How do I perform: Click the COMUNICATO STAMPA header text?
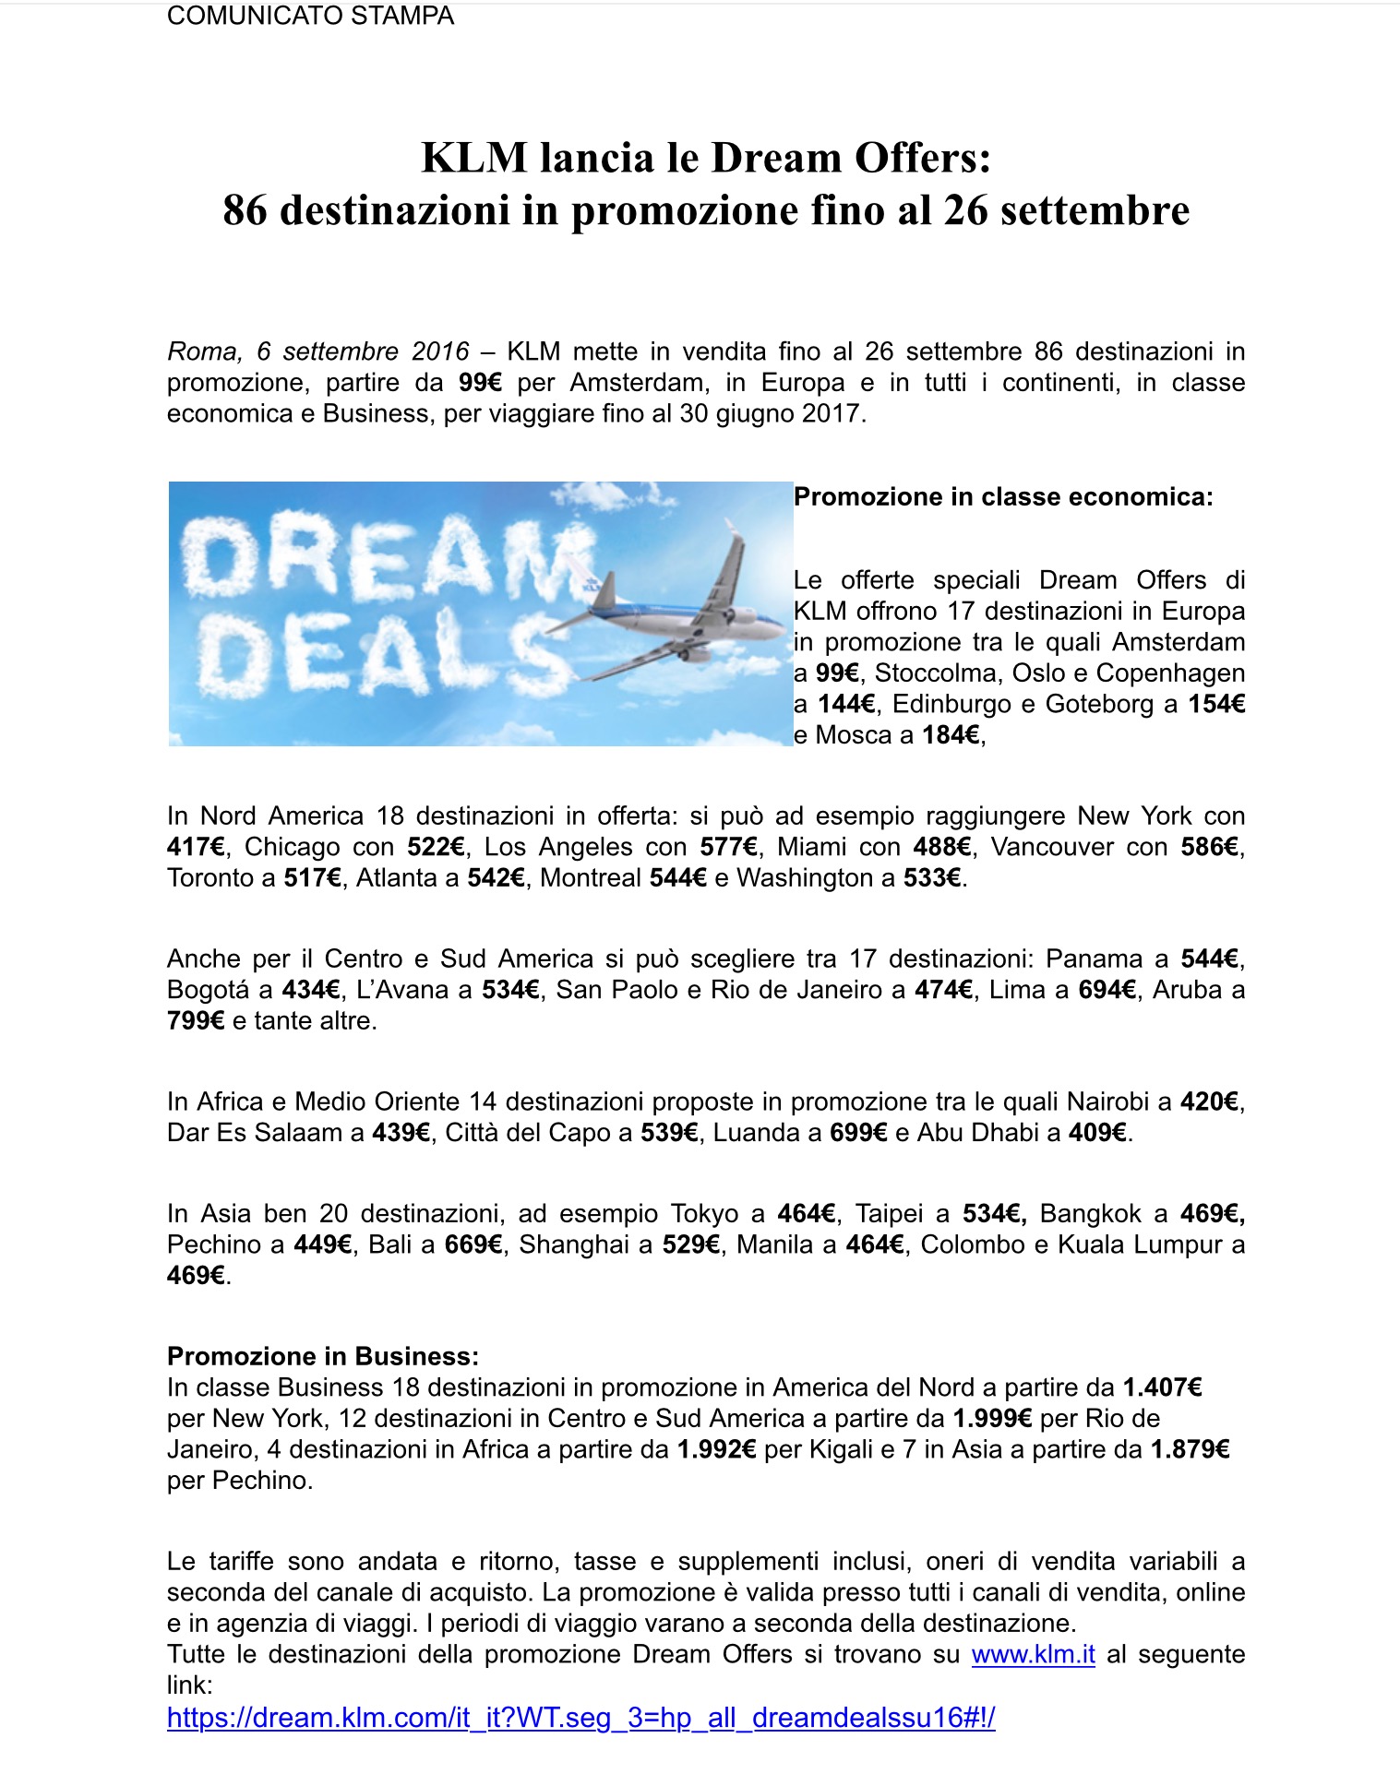[310, 16]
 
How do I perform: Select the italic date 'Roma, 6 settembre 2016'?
[318, 351]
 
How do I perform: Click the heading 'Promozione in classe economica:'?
[1003, 497]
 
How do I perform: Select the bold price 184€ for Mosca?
[951, 735]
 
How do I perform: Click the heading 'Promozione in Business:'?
[323, 1356]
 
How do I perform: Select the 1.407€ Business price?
[1162, 1387]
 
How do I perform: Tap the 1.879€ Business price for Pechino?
[1190, 1449]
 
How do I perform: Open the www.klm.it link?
[1033, 1654]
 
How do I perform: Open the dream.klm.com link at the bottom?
[580, 1718]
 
